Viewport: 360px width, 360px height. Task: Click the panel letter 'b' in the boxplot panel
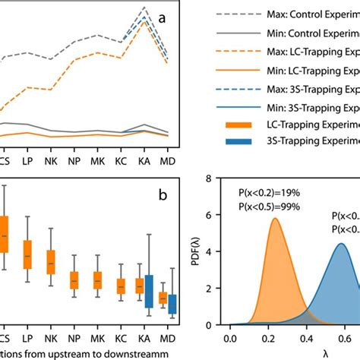coord(162,195)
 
